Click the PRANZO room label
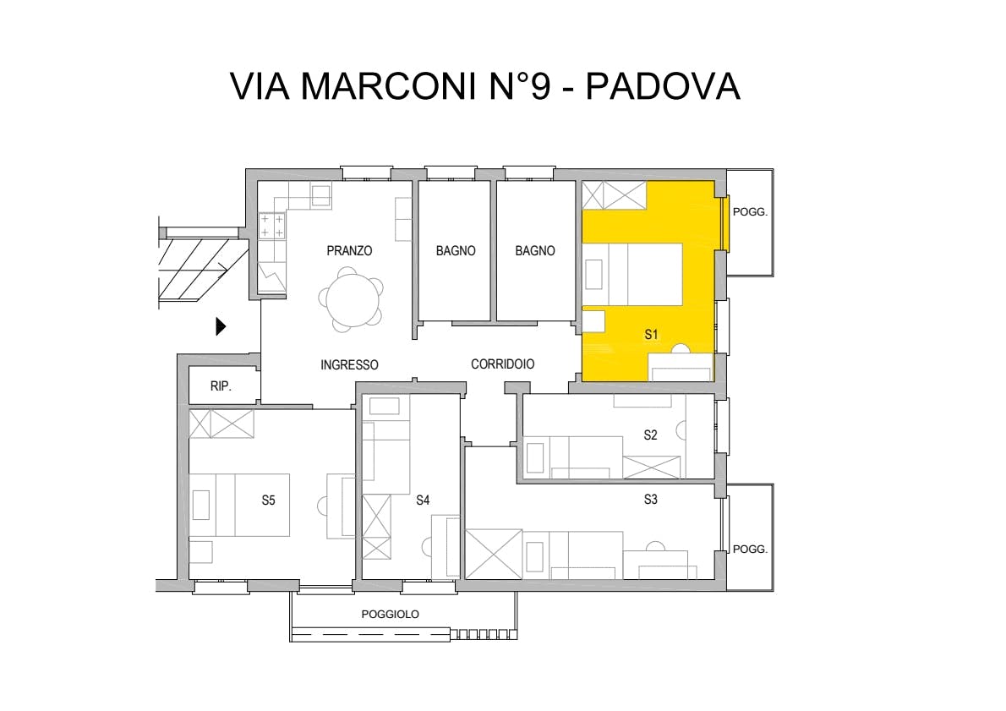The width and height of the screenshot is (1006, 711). [x=349, y=250]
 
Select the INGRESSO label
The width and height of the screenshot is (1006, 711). [x=349, y=364]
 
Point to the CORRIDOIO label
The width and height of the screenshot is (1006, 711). [x=502, y=364]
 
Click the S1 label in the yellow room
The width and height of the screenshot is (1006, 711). [x=651, y=334]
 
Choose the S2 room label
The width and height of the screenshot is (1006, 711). [x=651, y=435]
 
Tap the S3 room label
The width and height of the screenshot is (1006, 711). [x=651, y=500]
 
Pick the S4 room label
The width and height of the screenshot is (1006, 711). [x=422, y=500]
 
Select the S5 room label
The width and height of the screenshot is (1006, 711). [x=268, y=500]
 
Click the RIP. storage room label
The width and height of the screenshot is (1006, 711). [x=221, y=386]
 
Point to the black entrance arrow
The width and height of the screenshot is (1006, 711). [x=221, y=326]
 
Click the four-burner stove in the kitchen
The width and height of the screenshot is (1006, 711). [x=271, y=226]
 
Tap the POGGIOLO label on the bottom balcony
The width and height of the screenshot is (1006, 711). [x=390, y=614]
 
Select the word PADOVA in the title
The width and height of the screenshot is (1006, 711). [x=664, y=86]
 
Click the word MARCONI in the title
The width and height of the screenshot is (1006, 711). [x=391, y=86]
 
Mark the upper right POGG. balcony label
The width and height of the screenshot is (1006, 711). [x=750, y=211]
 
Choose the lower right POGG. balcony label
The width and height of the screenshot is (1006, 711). [x=750, y=550]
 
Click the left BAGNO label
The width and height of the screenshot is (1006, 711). [x=456, y=251]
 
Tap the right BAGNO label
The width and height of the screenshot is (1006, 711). [x=535, y=251]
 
